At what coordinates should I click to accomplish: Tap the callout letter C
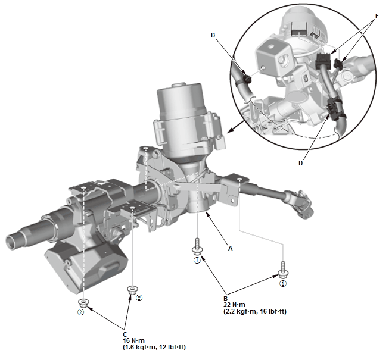125,333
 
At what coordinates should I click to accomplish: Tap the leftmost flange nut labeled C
85,303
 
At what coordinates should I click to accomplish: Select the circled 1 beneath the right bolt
283,284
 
